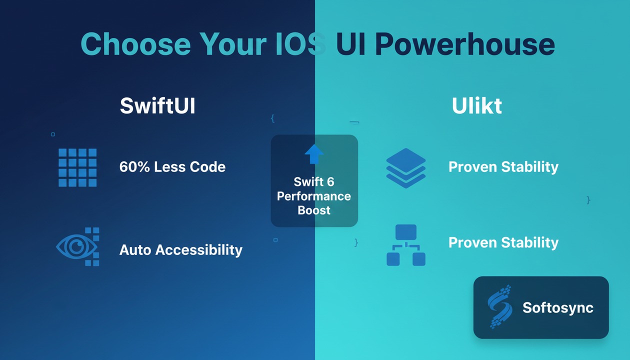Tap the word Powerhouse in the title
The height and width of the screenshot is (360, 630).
coord(464,44)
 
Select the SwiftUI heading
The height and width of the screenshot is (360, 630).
coord(157,106)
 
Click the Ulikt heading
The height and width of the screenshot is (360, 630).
coord(476,106)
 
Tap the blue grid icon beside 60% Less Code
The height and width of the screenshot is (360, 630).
coord(77,167)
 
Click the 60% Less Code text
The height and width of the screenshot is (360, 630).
coord(172,167)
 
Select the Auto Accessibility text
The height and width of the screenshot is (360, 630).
coord(180,249)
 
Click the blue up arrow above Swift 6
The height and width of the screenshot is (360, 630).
coord(314,154)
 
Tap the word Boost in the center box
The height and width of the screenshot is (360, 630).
coord(314,210)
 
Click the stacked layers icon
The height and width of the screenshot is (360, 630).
coord(406,167)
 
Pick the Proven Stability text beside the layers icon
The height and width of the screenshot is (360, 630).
coord(503,167)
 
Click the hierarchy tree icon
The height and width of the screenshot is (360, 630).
coord(406,245)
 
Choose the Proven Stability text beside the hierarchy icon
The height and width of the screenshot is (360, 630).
coord(503,242)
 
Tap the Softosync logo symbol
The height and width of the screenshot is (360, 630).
coord(500,306)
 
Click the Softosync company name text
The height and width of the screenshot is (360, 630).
coord(557,307)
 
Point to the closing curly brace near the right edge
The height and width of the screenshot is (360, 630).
coord(588,200)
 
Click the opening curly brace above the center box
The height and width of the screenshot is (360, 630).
coord(272,118)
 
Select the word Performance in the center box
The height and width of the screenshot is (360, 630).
coord(314,196)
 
